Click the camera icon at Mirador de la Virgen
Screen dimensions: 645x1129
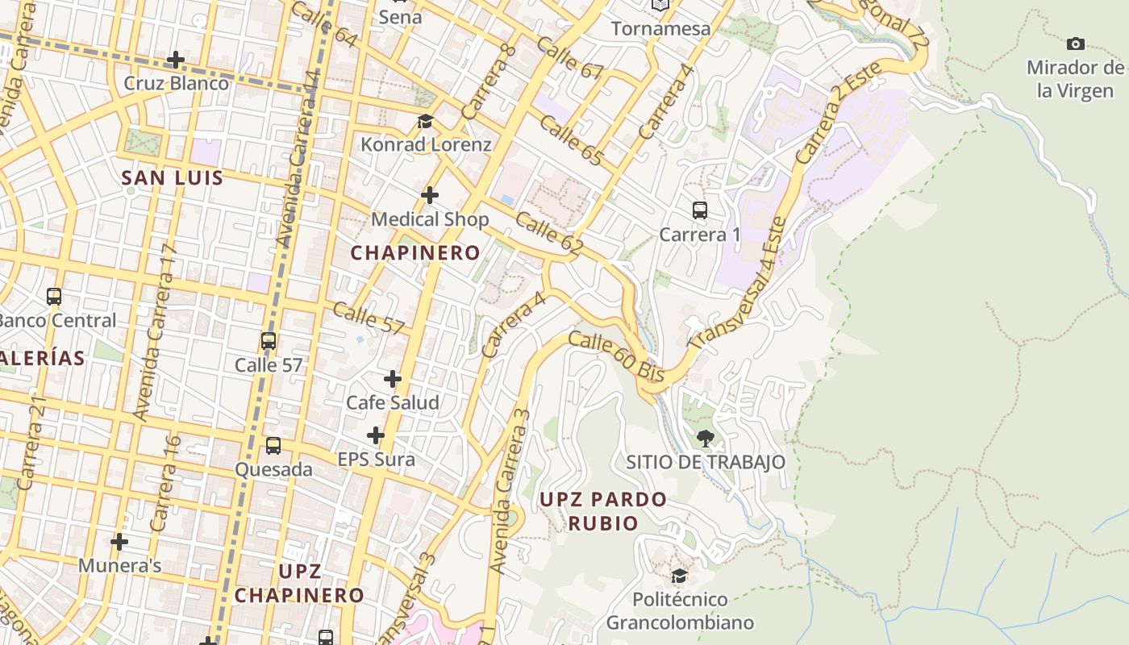coord(1075,44)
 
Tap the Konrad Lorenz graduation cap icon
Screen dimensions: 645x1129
coord(425,122)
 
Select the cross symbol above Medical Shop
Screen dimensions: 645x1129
coord(430,195)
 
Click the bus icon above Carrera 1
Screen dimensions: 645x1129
coord(700,210)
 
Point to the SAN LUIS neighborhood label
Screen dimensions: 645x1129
coord(172,178)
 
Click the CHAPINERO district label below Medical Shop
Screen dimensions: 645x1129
coord(415,253)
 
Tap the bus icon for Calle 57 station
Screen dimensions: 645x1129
coord(269,341)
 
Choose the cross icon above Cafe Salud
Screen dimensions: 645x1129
coord(393,379)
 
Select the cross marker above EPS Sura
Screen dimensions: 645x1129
coord(376,436)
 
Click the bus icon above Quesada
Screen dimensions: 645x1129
coord(273,446)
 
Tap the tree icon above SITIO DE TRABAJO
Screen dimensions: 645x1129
coord(706,439)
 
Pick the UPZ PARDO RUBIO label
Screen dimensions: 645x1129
coord(603,511)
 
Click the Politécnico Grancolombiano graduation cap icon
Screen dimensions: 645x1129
coord(680,576)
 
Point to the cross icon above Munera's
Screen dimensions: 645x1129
coord(119,542)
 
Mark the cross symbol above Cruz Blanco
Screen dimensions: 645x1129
coord(176,60)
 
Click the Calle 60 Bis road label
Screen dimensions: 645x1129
coord(616,357)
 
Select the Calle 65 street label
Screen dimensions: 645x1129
coord(571,140)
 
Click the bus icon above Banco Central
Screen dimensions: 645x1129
coord(54,297)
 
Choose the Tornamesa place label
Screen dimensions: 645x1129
coord(660,29)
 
